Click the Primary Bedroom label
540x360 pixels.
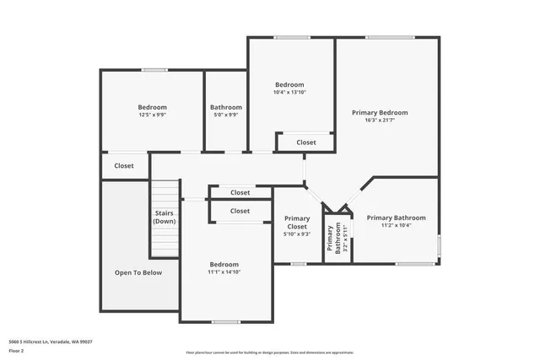click(380, 112)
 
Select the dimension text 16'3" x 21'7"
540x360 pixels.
click(380, 121)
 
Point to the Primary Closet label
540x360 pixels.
click(297, 223)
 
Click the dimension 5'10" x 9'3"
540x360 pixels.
click(297, 234)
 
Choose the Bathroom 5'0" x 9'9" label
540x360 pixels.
click(226, 107)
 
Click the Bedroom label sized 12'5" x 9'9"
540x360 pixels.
click(153, 107)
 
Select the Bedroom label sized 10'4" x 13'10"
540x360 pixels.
click(289, 84)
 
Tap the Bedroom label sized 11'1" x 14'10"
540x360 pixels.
click(224, 264)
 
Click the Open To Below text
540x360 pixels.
click(138, 272)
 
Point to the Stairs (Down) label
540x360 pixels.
click(164, 218)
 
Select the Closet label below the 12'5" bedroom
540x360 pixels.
click(124, 166)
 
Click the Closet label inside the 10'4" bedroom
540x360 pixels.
click(306, 142)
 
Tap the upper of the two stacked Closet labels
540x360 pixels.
click(240, 193)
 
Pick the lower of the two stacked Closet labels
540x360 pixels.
click(240, 211)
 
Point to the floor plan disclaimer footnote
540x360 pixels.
click(270, 352)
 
